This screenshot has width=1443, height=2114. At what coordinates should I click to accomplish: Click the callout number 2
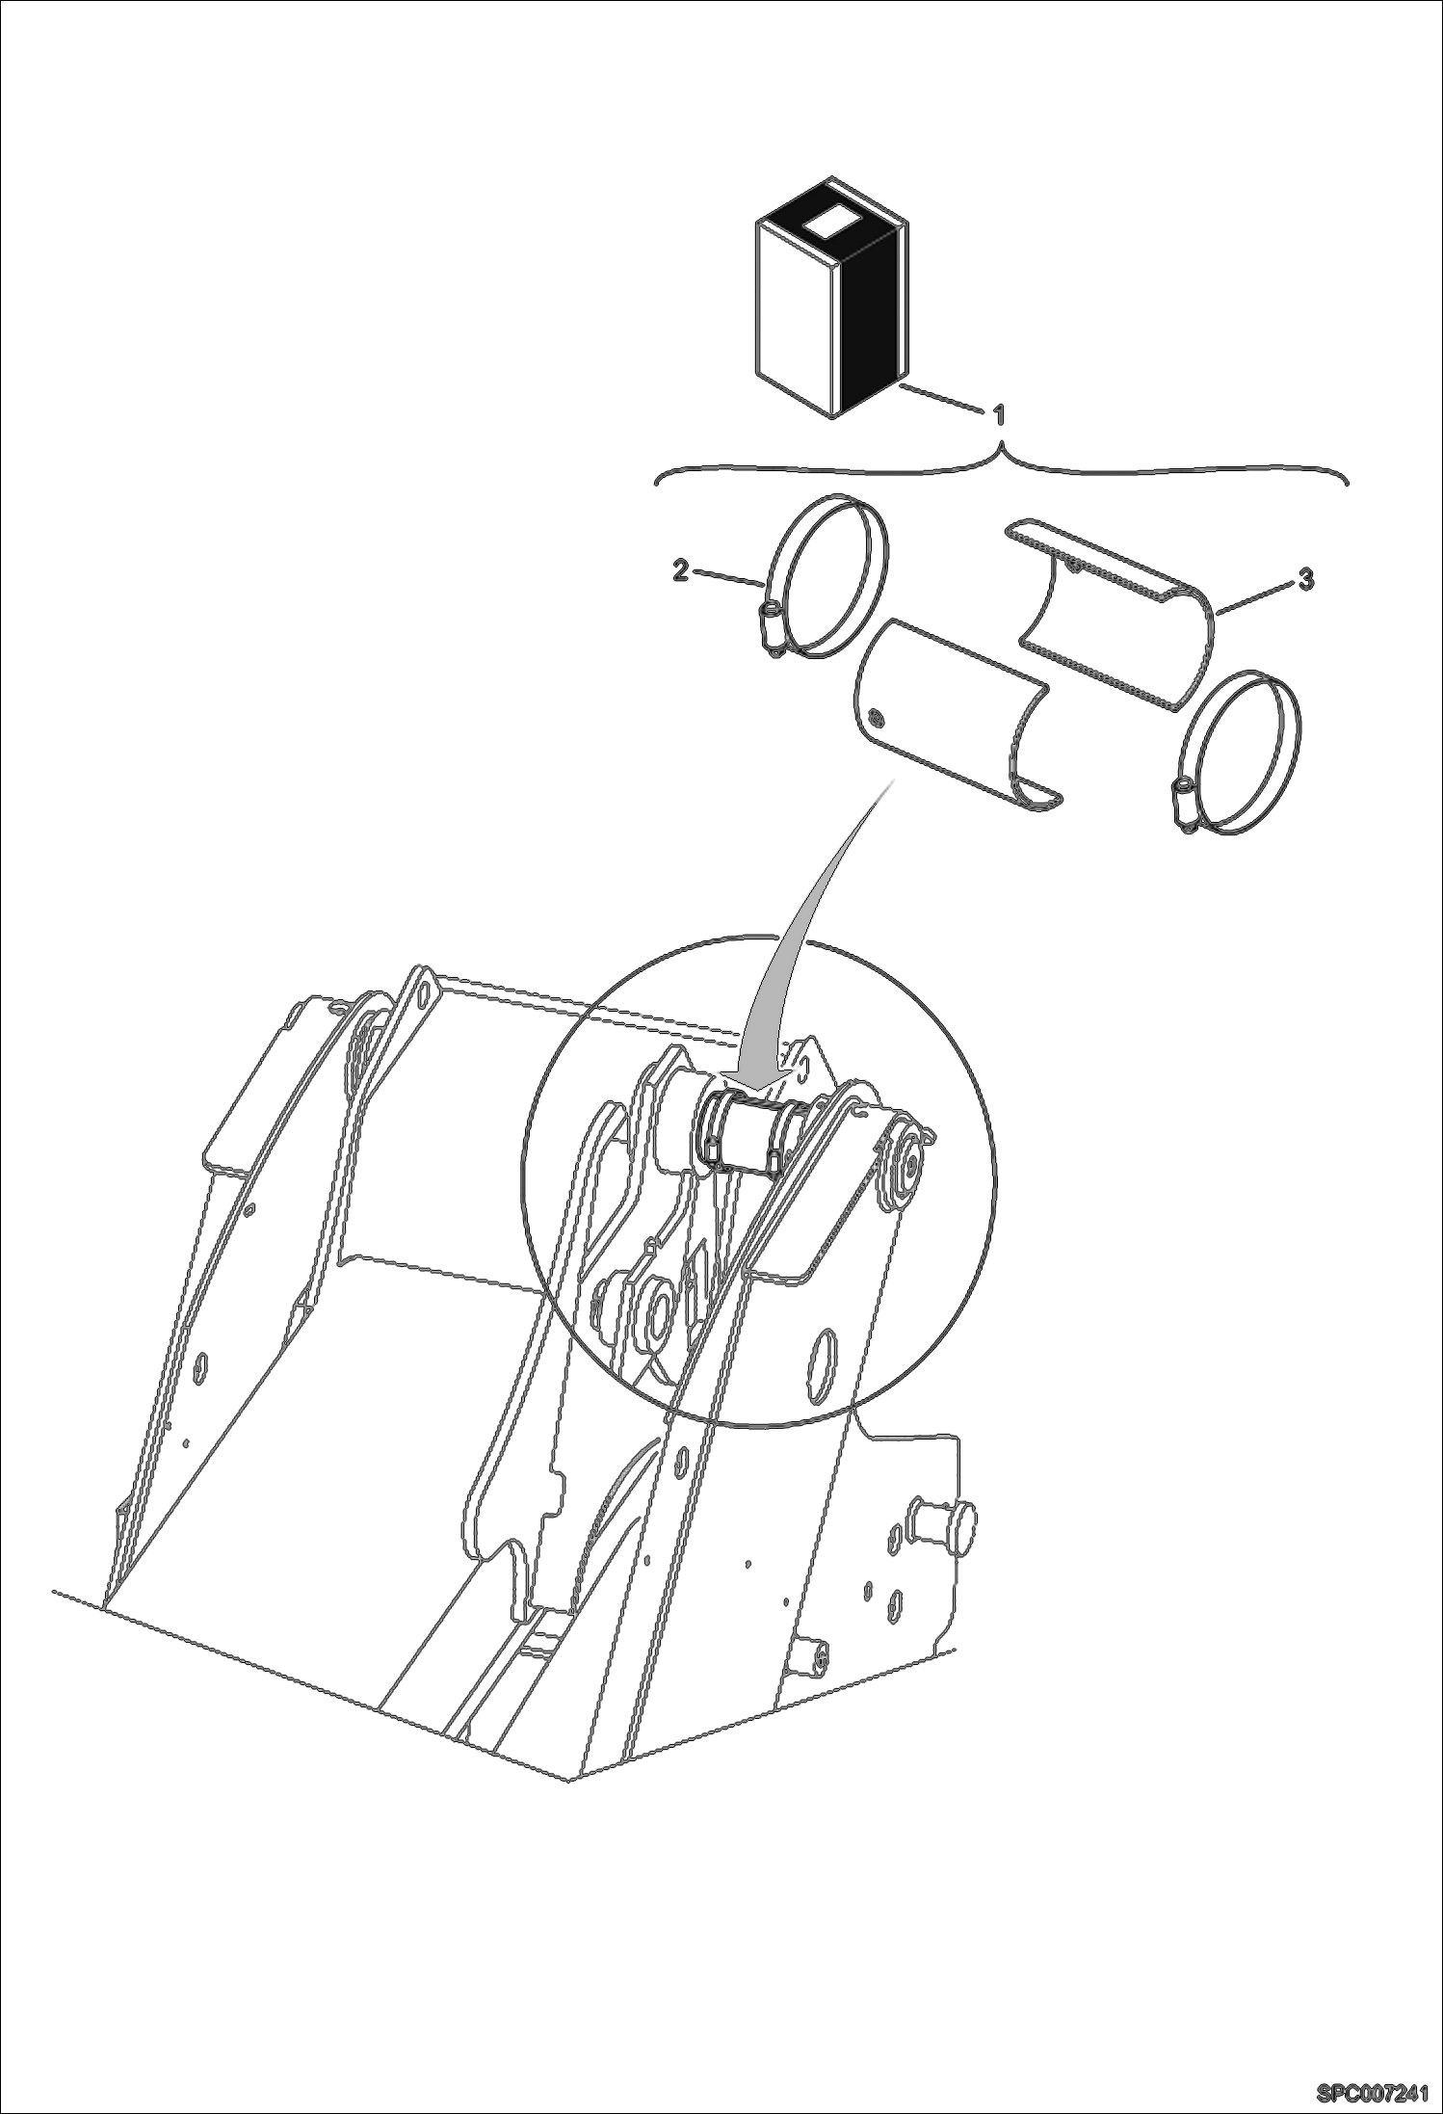[681, 571]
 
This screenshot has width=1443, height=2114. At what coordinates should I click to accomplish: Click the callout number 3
[1304, 579]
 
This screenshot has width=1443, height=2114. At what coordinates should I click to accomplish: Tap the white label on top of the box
[829, 225]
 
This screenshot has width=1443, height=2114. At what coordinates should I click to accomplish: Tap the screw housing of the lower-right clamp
[1181, 800]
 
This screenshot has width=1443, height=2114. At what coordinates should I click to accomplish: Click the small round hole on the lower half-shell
[875, 716]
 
